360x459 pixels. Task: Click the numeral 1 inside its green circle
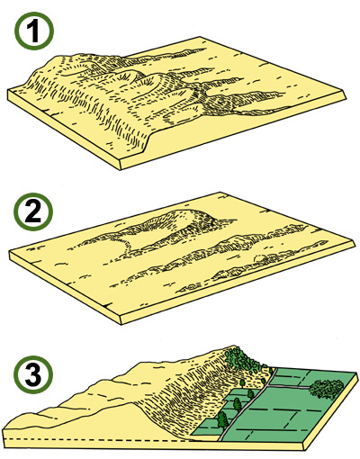[32, 31]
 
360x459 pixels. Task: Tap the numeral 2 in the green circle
[32, 211]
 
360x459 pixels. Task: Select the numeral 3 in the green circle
[33, 373]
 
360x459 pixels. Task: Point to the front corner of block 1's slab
[121, 170]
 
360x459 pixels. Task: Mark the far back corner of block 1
[200, 37]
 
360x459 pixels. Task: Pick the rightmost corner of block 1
[346, 97]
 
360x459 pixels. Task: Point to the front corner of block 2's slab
[121, 324]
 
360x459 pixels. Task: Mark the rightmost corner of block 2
[355, 245]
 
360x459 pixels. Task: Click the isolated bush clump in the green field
[327, 389]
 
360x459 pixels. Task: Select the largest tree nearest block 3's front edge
[222, 419]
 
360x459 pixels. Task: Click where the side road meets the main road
[268, 386]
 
